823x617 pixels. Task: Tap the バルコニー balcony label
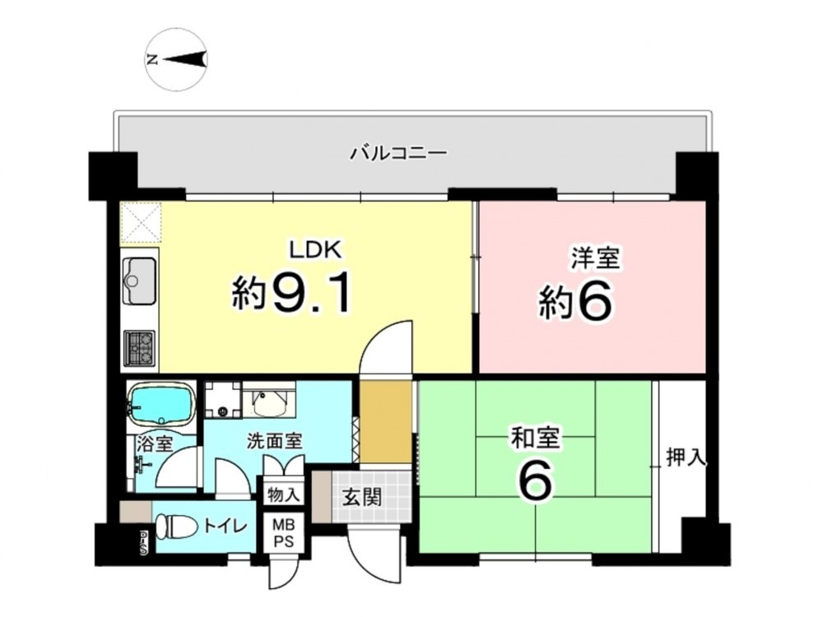coord(398,154)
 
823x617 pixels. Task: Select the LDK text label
coord(317,250)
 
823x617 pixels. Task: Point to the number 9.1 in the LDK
coord(311,294)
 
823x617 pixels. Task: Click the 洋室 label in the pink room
coord(595,258)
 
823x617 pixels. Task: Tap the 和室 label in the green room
coord(536,439)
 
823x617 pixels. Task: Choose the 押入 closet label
coord(686,457)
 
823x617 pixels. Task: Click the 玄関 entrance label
coord(361,497)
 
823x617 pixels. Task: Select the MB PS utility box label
coord(282,532)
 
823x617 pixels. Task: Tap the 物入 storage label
coord(283,494)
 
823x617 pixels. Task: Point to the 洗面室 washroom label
coord(275,442)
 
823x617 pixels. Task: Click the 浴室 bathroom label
coord(155,444)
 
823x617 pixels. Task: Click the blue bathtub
coord(161,403)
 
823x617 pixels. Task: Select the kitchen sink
coord(139,281)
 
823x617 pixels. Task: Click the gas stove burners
coord(139,348)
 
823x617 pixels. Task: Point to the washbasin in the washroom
coord(269,401)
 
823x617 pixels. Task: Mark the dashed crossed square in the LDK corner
coord(140,223)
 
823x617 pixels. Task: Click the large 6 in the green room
coord(536,481)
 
